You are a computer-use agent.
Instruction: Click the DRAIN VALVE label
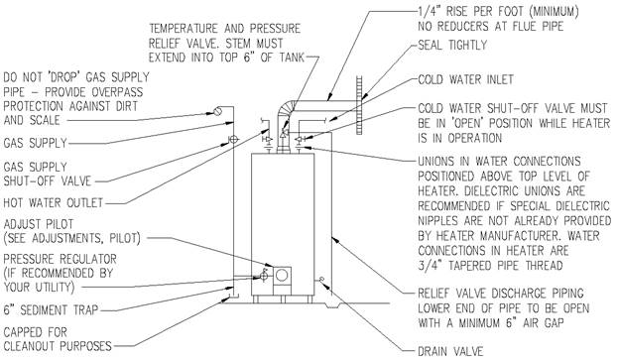tap(450, 350)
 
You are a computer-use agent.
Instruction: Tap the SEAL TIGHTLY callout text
tap(452, 45)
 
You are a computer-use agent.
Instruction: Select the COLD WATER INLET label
tap(465, 79)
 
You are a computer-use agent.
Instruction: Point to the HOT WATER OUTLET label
tap(54, 203)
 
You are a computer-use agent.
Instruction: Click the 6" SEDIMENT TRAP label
tap(51, 309)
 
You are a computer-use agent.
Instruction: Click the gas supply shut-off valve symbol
tap(233, 139)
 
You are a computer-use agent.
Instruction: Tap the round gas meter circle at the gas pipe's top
tap(217, 111)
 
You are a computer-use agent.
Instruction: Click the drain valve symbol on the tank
tap(321, 280)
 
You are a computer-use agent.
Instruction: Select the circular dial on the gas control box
tap(282, 276)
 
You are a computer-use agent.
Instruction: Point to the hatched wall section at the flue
tap(360, 105)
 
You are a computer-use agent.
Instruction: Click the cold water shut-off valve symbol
tap(299, 138)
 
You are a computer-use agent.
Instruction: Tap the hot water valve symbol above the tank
tap(268, 139)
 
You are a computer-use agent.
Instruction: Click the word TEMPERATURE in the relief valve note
tap(184, 29)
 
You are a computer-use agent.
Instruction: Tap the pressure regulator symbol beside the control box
tap(264, 276)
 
